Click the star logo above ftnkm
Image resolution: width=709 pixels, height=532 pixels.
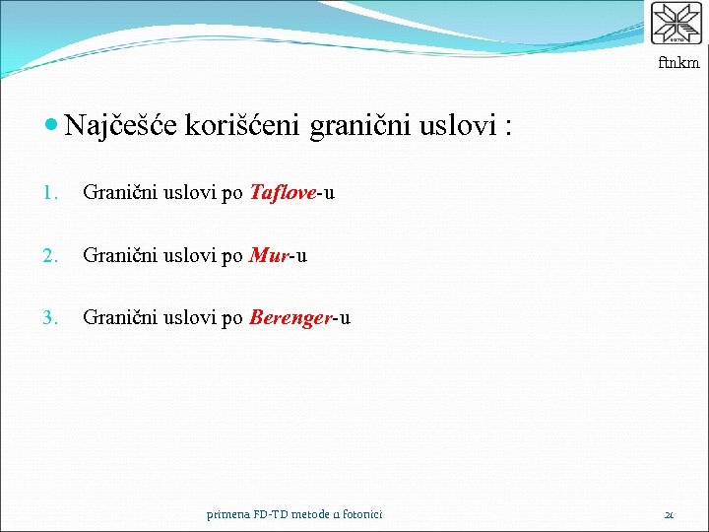pyautogui.click(x=677, y=25)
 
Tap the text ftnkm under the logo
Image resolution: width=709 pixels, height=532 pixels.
pyautogui.click(x=679, y=63)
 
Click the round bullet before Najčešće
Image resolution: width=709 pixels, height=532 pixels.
pyautogui.click(x=52, y=126)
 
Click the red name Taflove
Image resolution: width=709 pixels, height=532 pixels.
pyautogui.click(x=283, y=192)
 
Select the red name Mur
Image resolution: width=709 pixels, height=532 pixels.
pyautogui.click(x=269, y=256)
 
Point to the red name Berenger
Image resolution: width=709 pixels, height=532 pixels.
pyautogui.click(x=290, y=318)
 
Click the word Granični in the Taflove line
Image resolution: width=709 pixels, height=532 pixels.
pyautogui.click(x=117, y=192)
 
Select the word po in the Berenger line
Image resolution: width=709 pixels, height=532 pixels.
pyautogui.click(x=232, y=319)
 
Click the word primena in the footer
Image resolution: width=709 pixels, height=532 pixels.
pyautogui.click(x=227, y=514)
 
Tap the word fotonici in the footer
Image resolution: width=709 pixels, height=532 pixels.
pyautogui.click(x=359, y=513)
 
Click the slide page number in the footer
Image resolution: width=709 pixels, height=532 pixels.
pyautogui.click(x=669, y=514)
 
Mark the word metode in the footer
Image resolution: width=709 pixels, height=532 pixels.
pyautogui.click(x=313, y=513)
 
